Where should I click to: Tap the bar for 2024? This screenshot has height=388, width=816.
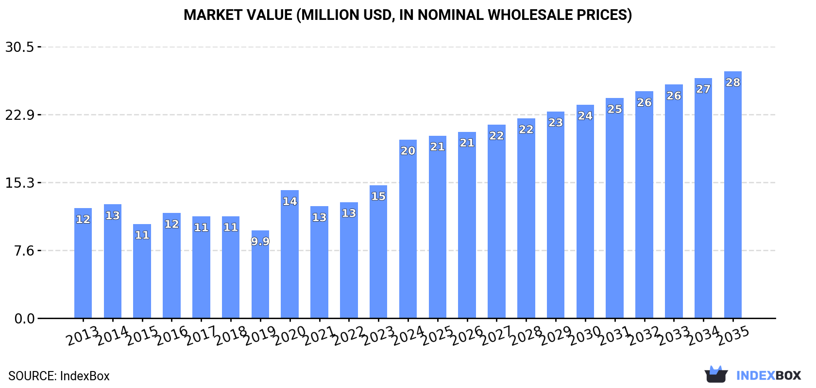[x=408, y=233]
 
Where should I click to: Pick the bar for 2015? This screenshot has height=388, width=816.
[x=142, y=274]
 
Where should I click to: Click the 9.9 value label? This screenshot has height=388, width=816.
[x=260, y=241]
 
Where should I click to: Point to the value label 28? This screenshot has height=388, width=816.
[x=732, y=82]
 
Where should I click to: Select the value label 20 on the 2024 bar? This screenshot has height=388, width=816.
[x=408, y=151]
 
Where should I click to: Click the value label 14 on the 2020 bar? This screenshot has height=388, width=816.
[x=289, y=201]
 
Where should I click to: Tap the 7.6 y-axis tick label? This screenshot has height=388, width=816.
[x=24, y=251]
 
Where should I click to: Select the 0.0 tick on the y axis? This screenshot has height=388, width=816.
[x=24, y=319]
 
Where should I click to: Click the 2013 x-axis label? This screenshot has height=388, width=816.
[x=83, y=336]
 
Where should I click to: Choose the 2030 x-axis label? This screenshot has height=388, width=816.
[x=585, y=336]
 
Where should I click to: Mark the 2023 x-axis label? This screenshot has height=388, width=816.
[x=378, y=336]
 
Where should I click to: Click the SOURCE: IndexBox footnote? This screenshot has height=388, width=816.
[x=59, y=376]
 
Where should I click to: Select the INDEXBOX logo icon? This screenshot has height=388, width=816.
[x=716, y=375]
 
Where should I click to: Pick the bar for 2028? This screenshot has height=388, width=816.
[x=526, y=218]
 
